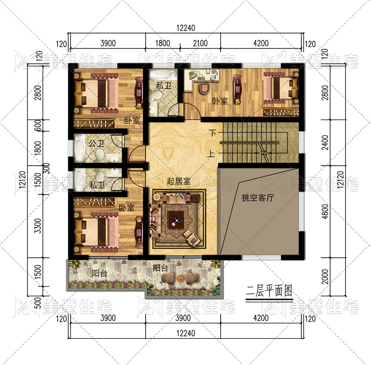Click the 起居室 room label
179,181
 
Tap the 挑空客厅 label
258,198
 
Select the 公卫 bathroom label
96,143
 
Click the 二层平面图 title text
269,291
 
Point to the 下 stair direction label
212,133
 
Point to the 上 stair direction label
211,154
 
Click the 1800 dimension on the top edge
163,43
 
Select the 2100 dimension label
200,43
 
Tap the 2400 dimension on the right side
325,142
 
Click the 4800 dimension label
325,211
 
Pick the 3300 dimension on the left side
38,226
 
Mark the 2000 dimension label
325,277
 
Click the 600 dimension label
38,125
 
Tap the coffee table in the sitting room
176,220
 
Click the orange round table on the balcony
179,278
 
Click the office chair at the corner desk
204,88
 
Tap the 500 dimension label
38,303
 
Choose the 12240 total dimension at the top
186,28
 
